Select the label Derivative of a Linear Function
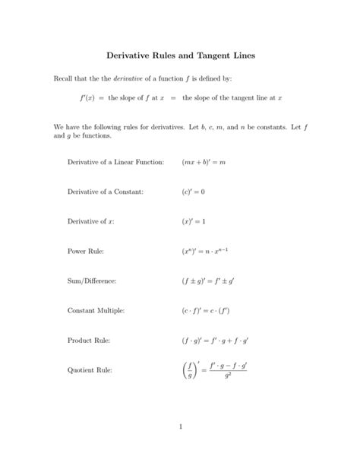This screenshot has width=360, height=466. pos(115,161)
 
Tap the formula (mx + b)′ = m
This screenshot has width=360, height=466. pos(204,161)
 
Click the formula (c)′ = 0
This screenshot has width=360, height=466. pos(194,191)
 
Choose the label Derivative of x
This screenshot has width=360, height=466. pos(90,220)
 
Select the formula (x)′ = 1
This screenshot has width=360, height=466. pos(194,220)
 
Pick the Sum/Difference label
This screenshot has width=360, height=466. pos(92,281)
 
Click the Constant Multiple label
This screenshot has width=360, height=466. pos(96,310)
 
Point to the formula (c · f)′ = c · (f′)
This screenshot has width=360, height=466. pos(207,310)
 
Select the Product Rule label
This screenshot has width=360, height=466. pos(90,341)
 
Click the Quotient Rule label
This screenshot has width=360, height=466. pos(90,370)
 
